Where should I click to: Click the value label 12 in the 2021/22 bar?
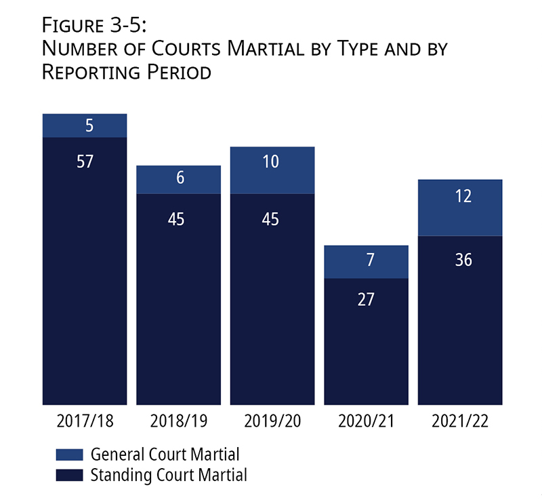pos(460,196)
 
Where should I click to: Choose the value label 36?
pos(460,260)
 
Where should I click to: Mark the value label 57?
pos(85,161)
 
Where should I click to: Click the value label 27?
pos(366,299)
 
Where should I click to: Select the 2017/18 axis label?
pos(85,421)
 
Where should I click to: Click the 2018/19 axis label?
pos(179,421)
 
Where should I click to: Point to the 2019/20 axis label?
pos(272,421)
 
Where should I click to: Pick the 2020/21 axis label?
pos(366,421)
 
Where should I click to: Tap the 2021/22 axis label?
pos(460,421)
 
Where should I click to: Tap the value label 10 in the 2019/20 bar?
pos(272,161)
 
